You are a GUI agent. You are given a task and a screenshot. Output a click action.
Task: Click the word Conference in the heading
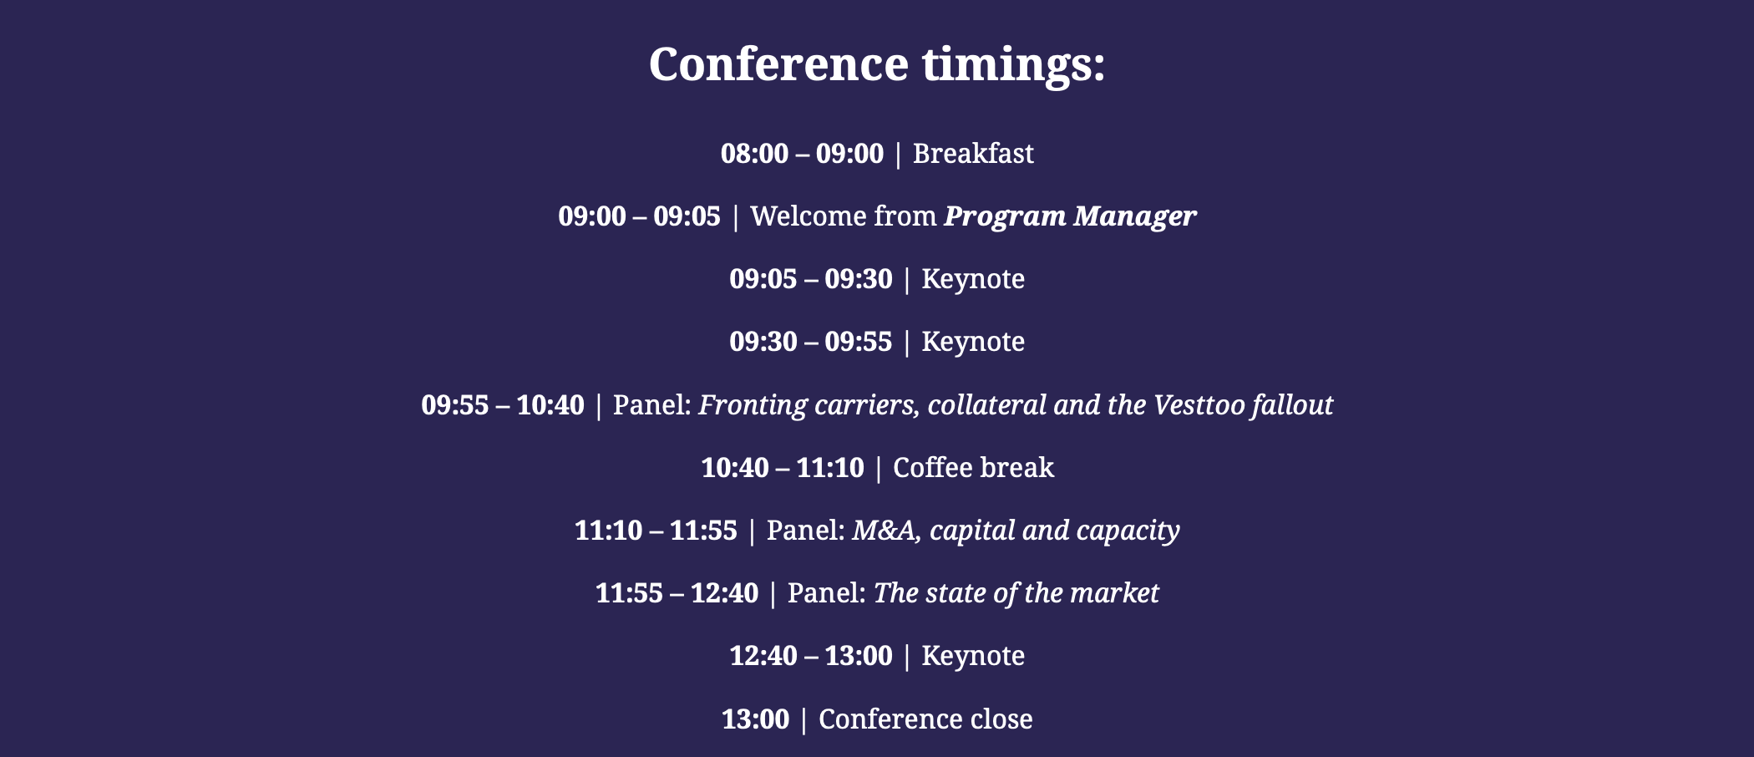click(778, 64)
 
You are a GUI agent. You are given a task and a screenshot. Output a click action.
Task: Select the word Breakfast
click(973, 154)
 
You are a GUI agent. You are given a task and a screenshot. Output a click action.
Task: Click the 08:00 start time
click(754, 154)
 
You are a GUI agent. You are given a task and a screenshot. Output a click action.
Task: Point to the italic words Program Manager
click(1070, 216)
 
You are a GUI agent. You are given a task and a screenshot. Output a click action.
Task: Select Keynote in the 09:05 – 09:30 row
click(973, 279)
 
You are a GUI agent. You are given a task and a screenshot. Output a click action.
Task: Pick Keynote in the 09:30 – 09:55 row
click(973, 342)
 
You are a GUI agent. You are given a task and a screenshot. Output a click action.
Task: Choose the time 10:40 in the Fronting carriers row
click(550, 405)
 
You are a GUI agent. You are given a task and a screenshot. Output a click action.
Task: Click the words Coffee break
click(973, 468)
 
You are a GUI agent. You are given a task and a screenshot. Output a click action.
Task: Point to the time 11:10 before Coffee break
click(829, 468)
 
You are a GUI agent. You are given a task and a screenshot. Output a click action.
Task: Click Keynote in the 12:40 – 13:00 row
click(973, 656)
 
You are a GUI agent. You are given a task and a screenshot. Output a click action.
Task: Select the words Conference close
click(925, 719)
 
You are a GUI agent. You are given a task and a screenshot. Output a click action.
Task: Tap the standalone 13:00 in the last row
click(755, 719)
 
